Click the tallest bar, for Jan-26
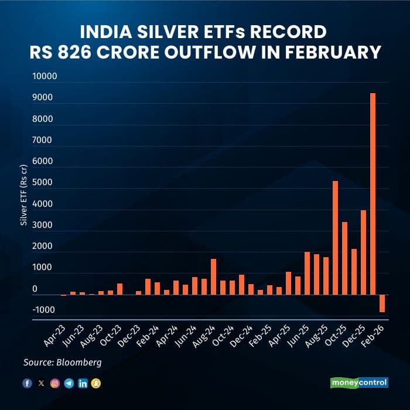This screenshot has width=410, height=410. tap(373, 193)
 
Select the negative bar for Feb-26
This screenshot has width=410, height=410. tap(382, 303)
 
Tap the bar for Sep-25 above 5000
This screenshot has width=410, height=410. tap(335, 237)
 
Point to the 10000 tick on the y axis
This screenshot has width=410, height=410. tap(43, 77)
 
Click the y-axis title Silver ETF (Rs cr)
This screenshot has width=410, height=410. tap(24, 193)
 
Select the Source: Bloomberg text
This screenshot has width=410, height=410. tap(63, 363)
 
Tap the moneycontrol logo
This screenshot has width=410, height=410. tap(358, 382)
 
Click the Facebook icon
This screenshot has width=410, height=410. tap(27, 383)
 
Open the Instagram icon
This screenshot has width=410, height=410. tap(55, 383)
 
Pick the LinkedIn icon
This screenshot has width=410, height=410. tap(83, 383)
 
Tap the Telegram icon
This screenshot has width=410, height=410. tap(69, 383)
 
